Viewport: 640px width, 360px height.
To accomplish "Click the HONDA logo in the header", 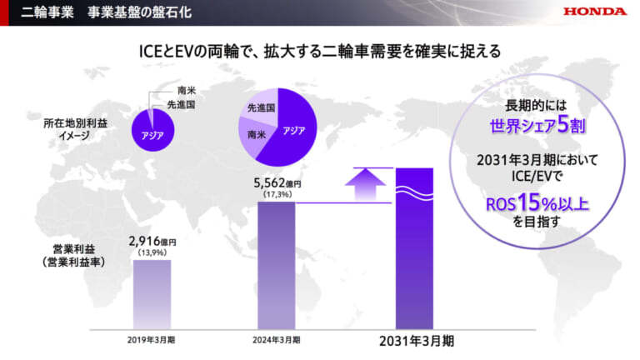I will click(594, 12).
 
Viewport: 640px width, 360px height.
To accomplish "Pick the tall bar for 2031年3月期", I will click(414, 250).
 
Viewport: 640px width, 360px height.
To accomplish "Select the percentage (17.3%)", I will click(276, 193).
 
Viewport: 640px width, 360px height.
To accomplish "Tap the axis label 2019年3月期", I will click(151, 340).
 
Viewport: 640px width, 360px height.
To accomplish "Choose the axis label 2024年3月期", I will click(276, 340).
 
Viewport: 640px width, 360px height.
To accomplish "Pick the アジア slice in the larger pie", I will click(293, 131).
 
